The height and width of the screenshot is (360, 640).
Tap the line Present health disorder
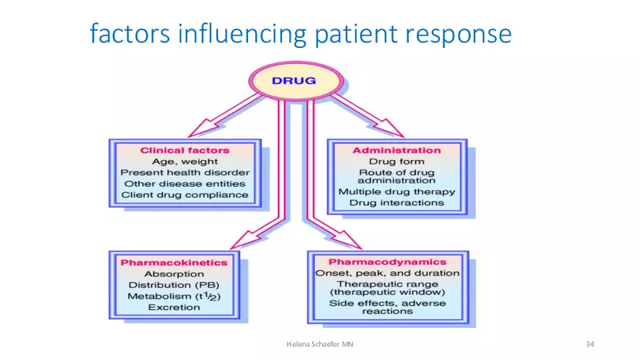pyautogui.click(x=184, y=173)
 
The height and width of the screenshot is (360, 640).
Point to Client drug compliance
pyautogui.click(x=184, y=195)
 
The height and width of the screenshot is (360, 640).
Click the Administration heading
pyautogui.click(x=396, y=150)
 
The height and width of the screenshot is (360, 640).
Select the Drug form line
pyautogui.click(x=396, y=161)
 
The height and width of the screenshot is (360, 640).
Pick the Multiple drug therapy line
pyautogui.click(x=396, y=192)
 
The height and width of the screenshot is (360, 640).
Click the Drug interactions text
pyautogui.click(x=396, y=203)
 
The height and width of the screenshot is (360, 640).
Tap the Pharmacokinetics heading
pyautogui.click(x=174, y=262)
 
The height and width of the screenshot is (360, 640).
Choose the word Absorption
pyautogui.click(x=174, y=273)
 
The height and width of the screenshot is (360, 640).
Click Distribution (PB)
pyautogui.click(x=174, y=285)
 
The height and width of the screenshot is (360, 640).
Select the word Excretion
pyautogui.click(x=174, y=308)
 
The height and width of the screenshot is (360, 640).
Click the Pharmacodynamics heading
pyautogui.click(x=387, y=261)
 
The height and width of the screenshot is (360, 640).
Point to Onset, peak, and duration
pyautogui.click(x=387, y=273)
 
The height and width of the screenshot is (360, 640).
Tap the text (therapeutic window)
pyautogui.click(x=387, y=292)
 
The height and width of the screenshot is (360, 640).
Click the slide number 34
pyautogui.click(x=590, y=343)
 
